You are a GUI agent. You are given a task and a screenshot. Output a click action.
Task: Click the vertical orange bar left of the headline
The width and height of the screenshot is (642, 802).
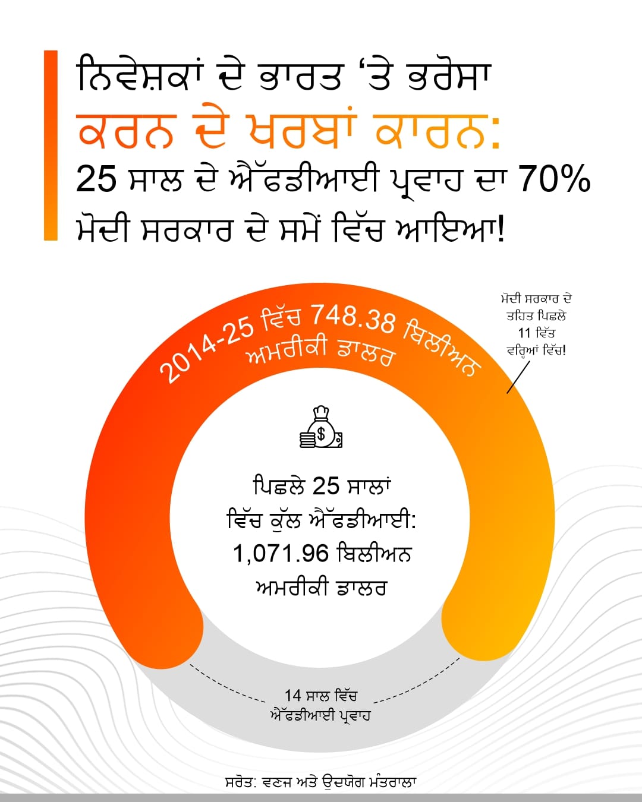[x=51, y=146]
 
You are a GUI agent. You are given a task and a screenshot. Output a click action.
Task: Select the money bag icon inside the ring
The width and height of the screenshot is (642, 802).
[x=321, y=428]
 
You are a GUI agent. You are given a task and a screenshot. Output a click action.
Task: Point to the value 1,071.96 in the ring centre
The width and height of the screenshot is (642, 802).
[x=281, y=554]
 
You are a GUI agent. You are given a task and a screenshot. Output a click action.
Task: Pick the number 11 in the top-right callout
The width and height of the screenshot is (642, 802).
[x=525, y=333]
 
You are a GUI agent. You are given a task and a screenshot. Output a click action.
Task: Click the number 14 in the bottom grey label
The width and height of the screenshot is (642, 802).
[x=293, y=696]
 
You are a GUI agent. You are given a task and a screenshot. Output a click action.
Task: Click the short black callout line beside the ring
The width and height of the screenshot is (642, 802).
[x=518, y=377]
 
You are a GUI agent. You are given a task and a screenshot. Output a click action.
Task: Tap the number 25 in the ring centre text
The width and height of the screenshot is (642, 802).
[x=325, y=486]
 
